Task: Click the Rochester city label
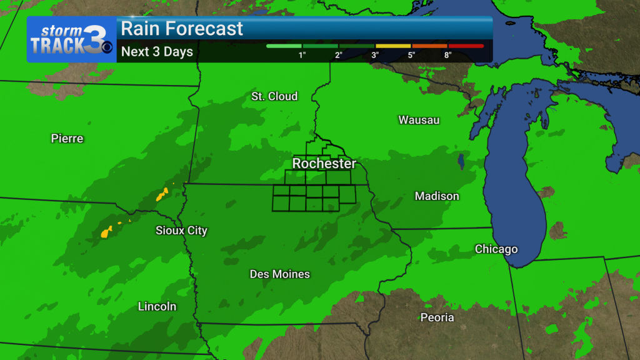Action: pyautogui.click(x=324, y=164)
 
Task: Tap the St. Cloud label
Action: pyautogui.click(x=274, y=96)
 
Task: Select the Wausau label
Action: pyautogui.click(x=419, y=119)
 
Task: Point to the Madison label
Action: pyautogui.click(x=437, y=196)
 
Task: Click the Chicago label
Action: pyautogui.click(x=496, y=249)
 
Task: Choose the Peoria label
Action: pyautogui.click(x=437, y=317)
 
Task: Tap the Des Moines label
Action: pyautogui.click(x=279, y=274)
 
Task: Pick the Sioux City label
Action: pyautogui.click(x=181, y=231)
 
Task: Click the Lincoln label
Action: pyautogui.click(x=157, y=307)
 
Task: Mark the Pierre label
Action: pyautogui.click(x=67, y=139)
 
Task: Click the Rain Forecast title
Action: pyautogui.click(x=182, y=29)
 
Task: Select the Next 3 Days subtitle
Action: pyautogui.click(x=157, y=52)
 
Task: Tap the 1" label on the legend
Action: pyautogui.click(x=302, y=55)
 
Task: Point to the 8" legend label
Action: pyautogui.click(x=448, y=55)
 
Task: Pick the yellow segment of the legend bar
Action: pyautogui.click(x=393, y=46)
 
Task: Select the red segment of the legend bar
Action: pyautogui.click(x=466, y=46)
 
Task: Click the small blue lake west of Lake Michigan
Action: pyautogui.click(x=461, y=161)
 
